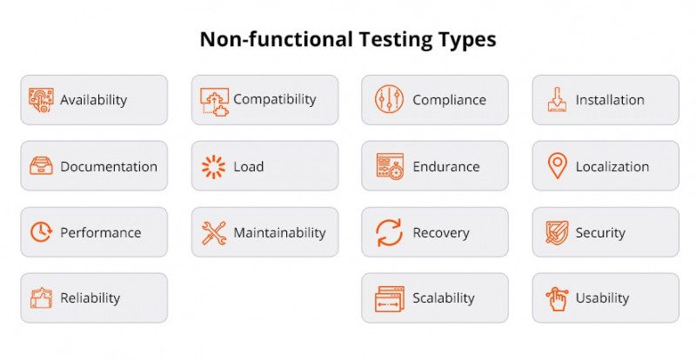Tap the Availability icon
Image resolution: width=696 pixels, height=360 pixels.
coord(41,99)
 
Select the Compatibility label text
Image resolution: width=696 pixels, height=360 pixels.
coord(274,99)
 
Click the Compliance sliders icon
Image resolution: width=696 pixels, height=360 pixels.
coord(389,99)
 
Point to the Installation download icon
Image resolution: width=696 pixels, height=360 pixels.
coord(557,99)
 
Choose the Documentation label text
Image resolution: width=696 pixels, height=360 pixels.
coord(109,166)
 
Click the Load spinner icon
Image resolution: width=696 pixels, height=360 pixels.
coord(213,166)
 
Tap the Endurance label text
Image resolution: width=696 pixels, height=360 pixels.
coord(445,166)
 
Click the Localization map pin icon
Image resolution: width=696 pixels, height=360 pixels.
coord(557,165)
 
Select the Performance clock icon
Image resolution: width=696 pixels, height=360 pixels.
coord(41,232)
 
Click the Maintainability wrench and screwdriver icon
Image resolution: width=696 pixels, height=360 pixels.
coord(213,232)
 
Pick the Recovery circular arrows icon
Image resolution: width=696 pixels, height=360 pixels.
coord(389,232)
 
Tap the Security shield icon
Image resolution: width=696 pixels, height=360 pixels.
coord(557,232)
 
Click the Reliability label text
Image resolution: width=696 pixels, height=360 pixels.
coord(90,298)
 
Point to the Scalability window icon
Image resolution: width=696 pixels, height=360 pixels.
coord(389,298)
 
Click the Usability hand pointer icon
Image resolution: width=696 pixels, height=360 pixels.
coord(557,298)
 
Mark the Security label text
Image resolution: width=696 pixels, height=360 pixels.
coord(600,232)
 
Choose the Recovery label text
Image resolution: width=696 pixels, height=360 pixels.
coord(440,232)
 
